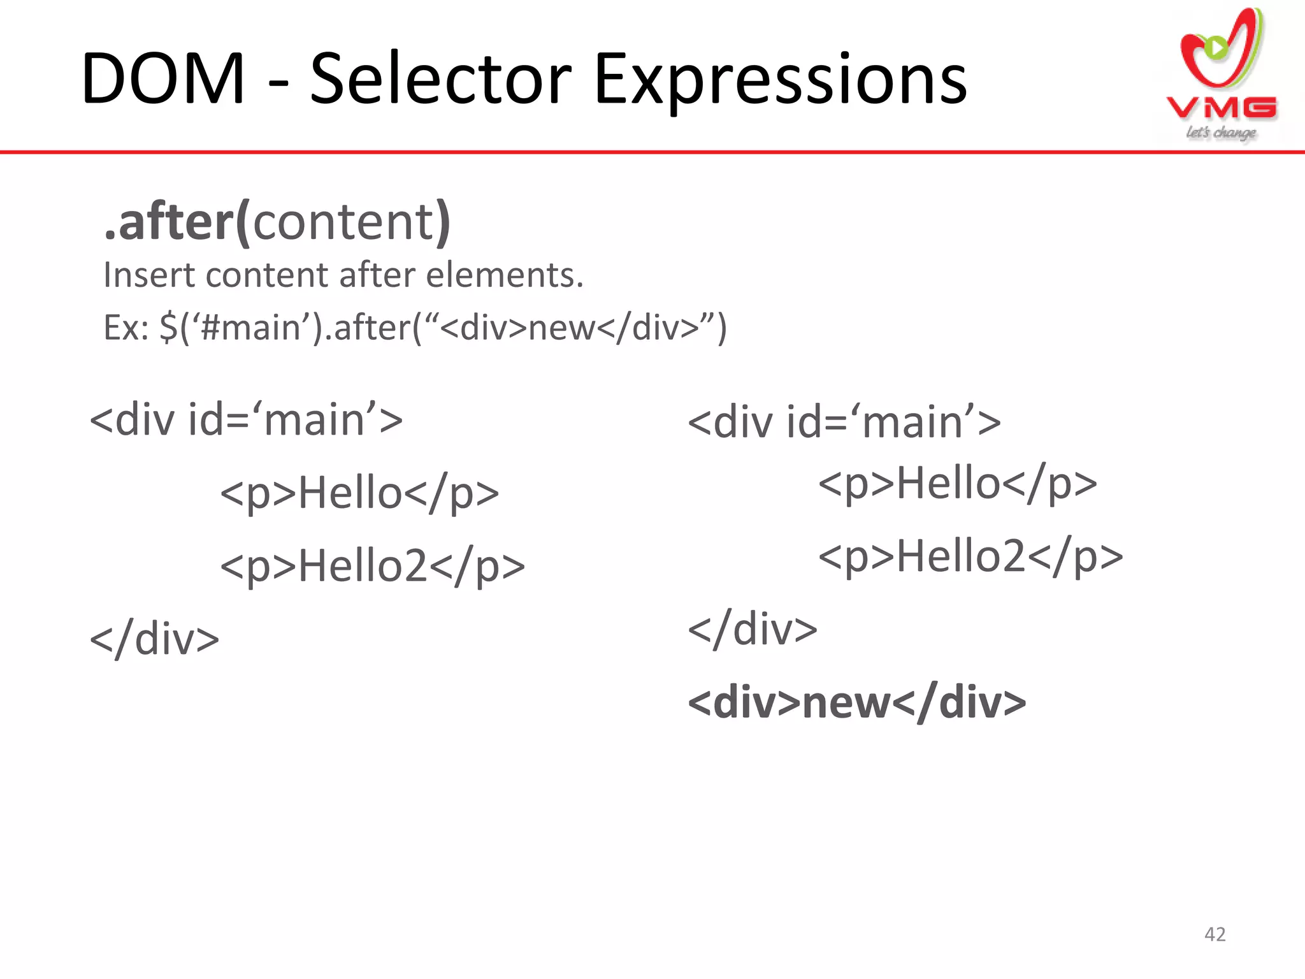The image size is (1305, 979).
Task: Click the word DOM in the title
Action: pos(163,80)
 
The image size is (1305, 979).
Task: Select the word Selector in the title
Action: pos(440,80)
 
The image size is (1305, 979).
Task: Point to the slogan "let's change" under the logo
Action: pos(1221,133)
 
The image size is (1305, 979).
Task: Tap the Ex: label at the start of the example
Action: pos(126,328)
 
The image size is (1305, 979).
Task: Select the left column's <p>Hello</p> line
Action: pos(359,493)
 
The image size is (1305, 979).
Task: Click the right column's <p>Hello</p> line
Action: pos(957,483)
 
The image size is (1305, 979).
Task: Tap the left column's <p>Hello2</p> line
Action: pos(372,566)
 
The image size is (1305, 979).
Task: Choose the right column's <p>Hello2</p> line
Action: pos(970,556)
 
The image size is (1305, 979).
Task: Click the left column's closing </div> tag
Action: pos(155,639)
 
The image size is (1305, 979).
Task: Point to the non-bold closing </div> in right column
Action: pos(753,630)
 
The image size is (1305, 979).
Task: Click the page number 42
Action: pos(1215,934)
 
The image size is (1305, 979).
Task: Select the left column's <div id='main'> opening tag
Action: pos(247,421)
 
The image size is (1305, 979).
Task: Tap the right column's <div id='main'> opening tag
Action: pos(844,423)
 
